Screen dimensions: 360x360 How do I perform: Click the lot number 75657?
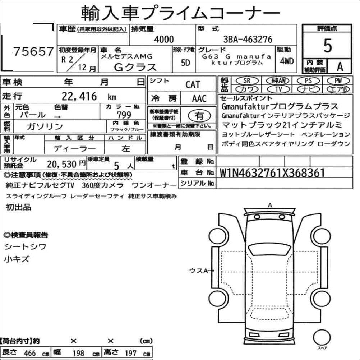click(x=34, y=51)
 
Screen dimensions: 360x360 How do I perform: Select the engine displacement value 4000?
click(x=164, y=39)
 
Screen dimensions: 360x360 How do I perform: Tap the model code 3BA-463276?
click(x=248, y=39)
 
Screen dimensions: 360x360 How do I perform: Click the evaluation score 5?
click(x=327, y=46)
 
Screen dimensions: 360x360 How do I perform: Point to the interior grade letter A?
click(x=340, y=66)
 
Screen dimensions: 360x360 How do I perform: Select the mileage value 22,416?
click(x=79, y=96)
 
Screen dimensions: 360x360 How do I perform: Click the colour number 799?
click(x=124, y=115)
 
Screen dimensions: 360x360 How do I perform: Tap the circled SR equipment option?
click(x=247, y=80)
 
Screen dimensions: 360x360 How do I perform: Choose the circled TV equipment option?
click(x=278, y=89)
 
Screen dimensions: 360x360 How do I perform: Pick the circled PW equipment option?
click(x=338, y=80)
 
